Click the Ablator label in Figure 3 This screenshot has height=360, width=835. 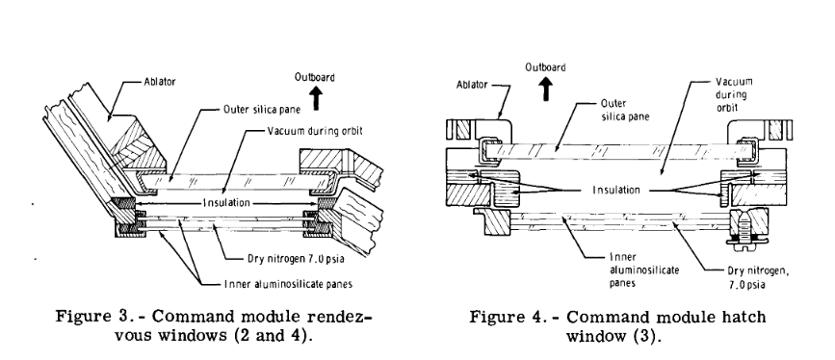(159, 82)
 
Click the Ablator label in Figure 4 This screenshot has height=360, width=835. (472, 85)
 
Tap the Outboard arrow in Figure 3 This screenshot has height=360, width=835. (316, 98)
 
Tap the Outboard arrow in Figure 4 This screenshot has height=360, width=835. (546, 88)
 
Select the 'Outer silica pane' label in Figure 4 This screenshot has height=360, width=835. (625, 110)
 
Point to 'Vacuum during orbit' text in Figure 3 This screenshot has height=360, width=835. (315, 131)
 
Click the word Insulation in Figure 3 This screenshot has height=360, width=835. (225, 203)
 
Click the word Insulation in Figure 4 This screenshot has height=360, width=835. (616, 191)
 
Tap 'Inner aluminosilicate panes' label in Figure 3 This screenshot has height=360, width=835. (288, 284)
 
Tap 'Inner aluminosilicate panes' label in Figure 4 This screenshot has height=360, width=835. (644, 270)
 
